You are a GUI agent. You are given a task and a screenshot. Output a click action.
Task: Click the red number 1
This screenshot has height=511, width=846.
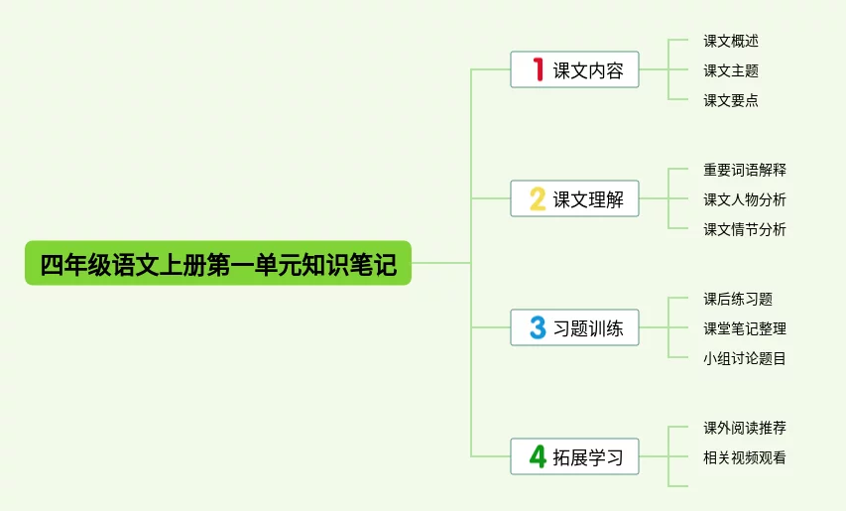pos(538,69)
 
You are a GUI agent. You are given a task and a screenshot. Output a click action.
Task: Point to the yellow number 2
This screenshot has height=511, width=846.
pos(538,199)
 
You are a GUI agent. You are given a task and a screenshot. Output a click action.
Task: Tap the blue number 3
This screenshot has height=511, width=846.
pos(538,328)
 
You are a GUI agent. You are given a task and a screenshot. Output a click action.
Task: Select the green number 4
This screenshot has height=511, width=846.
pos(538,457)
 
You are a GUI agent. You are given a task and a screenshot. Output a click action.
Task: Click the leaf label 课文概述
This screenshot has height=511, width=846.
pos(731,41)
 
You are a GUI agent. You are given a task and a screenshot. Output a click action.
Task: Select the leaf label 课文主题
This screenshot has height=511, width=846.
pos(731,70)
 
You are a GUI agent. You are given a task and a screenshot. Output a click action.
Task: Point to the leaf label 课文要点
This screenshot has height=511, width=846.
pos(731,100)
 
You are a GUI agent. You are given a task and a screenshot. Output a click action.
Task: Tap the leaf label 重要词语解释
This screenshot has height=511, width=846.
pos(745,170)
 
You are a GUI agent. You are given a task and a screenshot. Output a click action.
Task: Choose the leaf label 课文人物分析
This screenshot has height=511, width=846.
pos(745,199)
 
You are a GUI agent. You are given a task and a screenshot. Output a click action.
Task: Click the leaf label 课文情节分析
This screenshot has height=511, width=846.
pos(745,229)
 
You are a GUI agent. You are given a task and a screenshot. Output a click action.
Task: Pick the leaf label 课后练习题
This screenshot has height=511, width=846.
pos(738,299)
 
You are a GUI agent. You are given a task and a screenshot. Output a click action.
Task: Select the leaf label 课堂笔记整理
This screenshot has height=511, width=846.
pos(745,328)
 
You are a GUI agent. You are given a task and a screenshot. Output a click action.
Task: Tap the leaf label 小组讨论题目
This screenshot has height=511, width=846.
pos(745,358)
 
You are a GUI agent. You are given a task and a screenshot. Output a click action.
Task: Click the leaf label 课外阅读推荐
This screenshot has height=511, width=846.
pos(745,428)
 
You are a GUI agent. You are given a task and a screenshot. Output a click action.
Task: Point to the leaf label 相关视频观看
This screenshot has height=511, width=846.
pos(745,457)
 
